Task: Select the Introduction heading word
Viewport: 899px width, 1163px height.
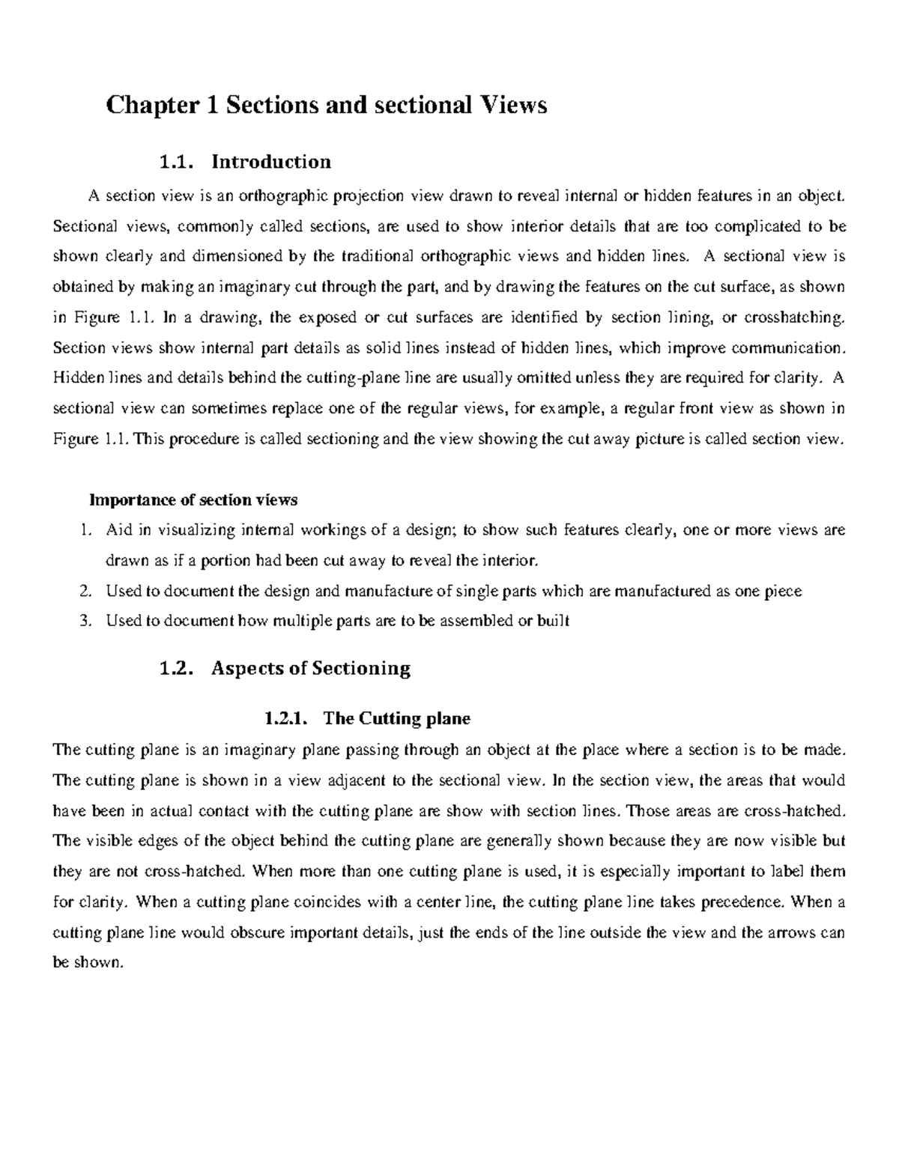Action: [x=271, y=162]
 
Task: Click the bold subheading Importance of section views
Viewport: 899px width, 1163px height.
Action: [x=193, y=499]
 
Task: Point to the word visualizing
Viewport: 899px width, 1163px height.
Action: [x=196, y=530]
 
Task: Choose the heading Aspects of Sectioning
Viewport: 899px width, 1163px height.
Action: [x=311, y=668]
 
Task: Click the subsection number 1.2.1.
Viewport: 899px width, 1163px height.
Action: [x=285, y=719]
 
